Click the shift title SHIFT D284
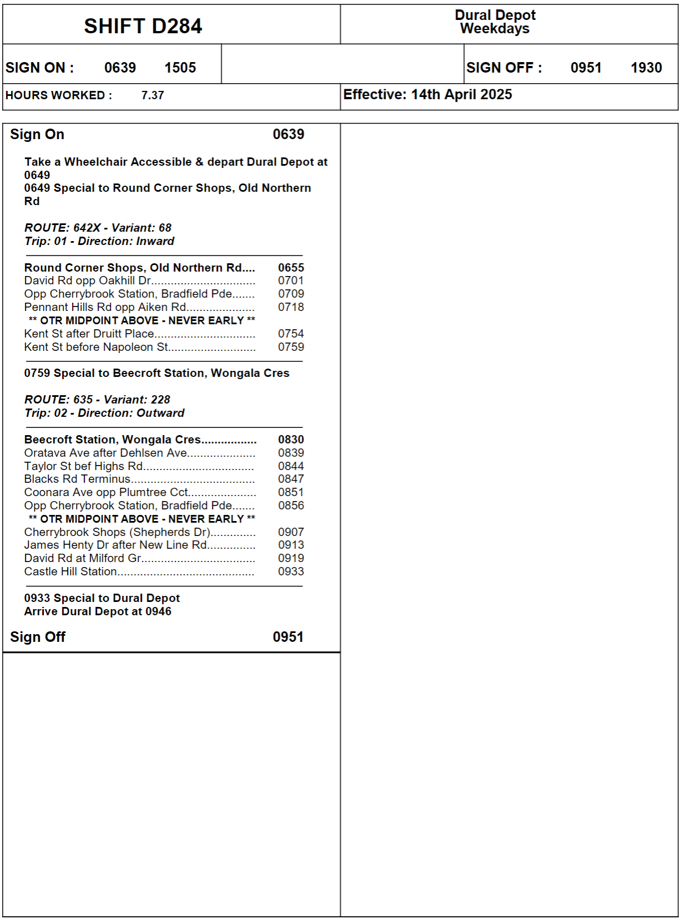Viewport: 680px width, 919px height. tap(143, 26)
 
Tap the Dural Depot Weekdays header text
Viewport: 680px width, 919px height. tap(495, 22)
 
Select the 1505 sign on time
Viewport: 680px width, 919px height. tap(180, 68)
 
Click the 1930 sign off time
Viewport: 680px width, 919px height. tap(646, 68)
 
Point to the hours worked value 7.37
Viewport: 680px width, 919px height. tap(153, 95)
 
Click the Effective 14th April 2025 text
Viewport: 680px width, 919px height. tap(427, 95)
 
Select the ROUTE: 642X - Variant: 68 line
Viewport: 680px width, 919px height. tap(98, 228)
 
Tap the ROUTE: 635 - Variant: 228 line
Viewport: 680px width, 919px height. tap(97, 400)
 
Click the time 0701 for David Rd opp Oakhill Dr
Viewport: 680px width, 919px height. tap(291, 280)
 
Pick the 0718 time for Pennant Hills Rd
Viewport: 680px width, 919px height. tap(291, 307)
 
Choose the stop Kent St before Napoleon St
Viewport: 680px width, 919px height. tap(96, 347)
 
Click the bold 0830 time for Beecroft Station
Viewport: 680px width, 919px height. tap(291, 440)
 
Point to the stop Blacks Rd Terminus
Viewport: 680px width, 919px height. tap(77, 479)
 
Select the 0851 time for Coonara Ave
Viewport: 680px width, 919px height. tap(291, 492)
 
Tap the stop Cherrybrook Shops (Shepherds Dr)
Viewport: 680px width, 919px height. tap(117, 532)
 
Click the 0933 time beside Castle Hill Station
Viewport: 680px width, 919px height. tap(291, 571)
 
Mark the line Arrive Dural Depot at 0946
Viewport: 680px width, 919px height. tap(98, 611)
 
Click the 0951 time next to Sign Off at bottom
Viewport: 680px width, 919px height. tap(288, 637)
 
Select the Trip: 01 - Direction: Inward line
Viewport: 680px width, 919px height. tap(99, 241)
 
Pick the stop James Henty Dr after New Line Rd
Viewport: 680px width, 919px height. tap(115, 545)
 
